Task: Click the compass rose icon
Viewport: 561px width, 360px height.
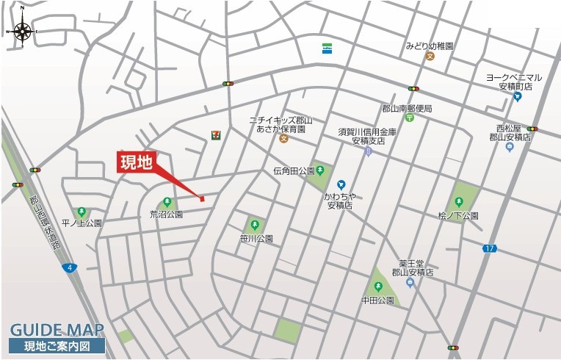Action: (22, 32)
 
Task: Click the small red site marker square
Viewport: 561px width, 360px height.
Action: (202, 198)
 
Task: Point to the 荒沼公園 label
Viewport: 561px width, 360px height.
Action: (166, 215)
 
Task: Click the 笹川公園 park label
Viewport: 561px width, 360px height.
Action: (256, 239)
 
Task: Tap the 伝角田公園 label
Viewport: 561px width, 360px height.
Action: (293, 171)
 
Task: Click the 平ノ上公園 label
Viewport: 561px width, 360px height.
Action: (82, 223)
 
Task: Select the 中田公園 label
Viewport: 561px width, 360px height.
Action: (377, 301)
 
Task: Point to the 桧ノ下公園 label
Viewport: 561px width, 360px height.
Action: (458, 216)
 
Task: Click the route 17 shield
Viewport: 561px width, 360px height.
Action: (489, 248)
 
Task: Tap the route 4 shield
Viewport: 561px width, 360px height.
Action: (68, 267)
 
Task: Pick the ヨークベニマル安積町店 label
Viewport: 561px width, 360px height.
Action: (514, 82)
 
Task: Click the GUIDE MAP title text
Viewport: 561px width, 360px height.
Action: (57, 330)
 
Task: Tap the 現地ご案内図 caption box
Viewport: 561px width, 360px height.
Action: (57, 346)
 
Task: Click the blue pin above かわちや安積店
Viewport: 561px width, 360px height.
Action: (341, 184)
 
